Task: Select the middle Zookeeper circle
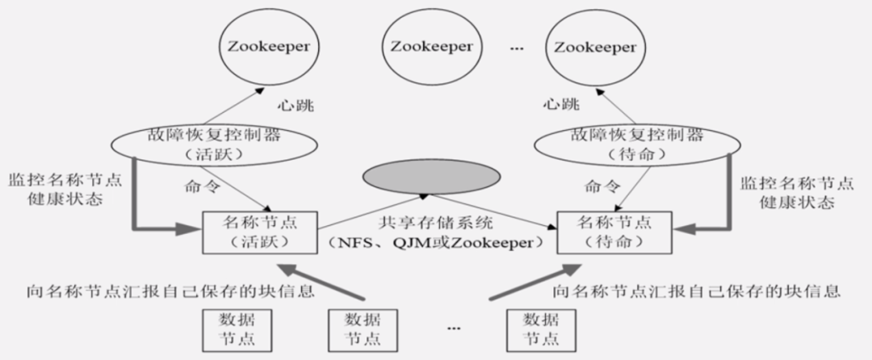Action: click(x=430, y=47)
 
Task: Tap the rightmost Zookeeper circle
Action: click(x=594, y=47)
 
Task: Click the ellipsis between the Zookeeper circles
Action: click(x=517, y=48)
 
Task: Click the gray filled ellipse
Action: click(x=430, y=176)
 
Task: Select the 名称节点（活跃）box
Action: click(x=259, y=231)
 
